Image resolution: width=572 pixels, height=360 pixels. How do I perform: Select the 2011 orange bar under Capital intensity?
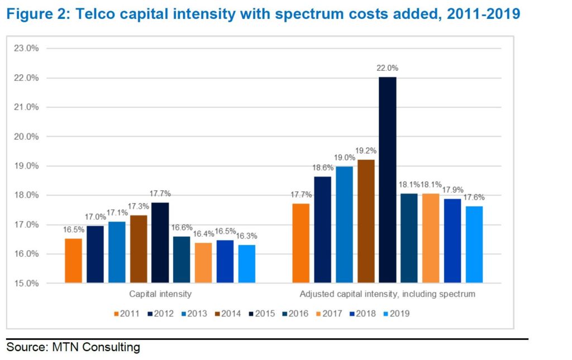(x=73, y=261)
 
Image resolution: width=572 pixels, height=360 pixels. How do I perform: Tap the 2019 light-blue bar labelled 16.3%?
(x=246, y=263)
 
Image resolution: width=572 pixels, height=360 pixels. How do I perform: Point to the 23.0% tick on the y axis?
(x=27, y=49)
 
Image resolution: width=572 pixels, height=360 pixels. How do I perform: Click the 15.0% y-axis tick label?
(x=27, y=284)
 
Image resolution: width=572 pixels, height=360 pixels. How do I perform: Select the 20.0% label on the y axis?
(x=27, y=137)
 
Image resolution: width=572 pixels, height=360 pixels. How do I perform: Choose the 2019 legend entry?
(x=396, y=314)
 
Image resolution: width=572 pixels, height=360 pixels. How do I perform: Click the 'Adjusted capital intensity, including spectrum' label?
(x=387, y=294)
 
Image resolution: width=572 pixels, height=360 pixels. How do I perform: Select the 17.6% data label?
(x=474, y=196)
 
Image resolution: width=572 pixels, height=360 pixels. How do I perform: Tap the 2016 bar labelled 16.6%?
(x=182, y=260)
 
